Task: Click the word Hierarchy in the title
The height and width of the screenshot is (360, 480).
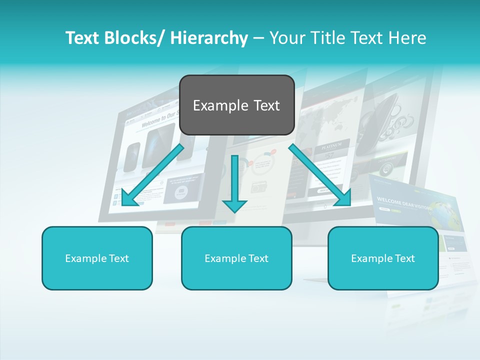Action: pyautogui.click(x=209, y=38)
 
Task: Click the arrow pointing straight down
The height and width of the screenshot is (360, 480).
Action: pyautogui.click(x=234, y=185)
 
